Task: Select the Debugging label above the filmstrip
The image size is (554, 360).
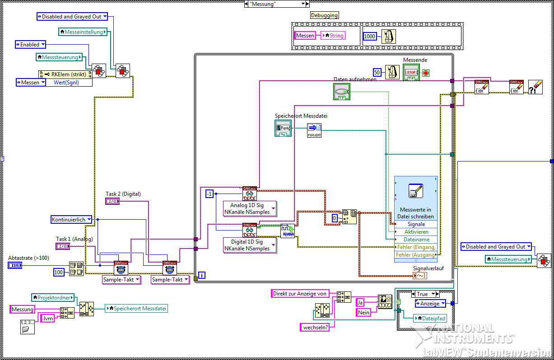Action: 324,15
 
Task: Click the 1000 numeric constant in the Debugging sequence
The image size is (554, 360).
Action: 370,36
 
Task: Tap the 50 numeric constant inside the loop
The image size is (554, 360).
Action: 377,72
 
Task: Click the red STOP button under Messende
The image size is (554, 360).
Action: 411,72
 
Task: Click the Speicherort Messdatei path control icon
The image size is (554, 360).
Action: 283,129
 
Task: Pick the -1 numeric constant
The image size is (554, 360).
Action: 209,194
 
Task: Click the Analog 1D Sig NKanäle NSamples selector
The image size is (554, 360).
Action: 250,208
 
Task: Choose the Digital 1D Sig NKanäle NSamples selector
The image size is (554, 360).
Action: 250,245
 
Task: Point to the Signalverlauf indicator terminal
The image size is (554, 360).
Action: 419,276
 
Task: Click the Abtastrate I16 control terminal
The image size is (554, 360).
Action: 15,265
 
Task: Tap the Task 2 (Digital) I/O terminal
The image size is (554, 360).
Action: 112,201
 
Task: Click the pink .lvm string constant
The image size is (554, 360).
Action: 47,318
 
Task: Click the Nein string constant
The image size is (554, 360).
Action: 363,312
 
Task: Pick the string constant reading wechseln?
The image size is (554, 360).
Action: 316,328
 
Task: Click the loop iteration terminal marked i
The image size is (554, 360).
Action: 202,275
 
